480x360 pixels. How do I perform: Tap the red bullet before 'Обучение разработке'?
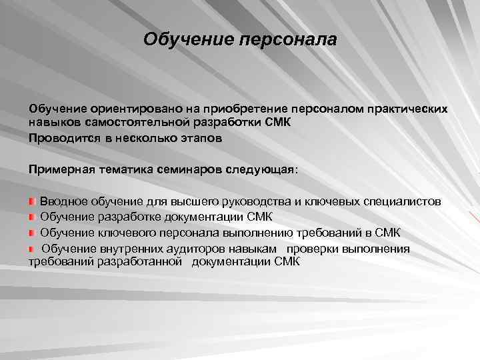coord(33,217)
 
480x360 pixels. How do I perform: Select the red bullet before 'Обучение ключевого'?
coord(33,233)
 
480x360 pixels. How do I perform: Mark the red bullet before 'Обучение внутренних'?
coord(33,248)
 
